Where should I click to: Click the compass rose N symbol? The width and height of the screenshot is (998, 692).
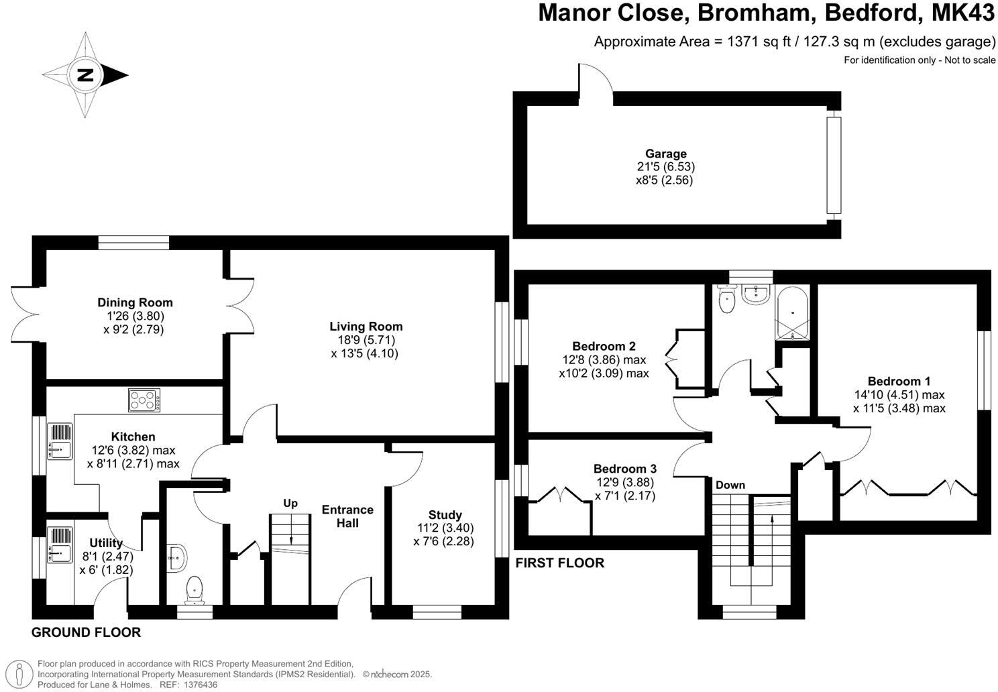point(85,75)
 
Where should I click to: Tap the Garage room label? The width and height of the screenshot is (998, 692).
point(665,154)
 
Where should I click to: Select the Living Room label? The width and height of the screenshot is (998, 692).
point(366,327)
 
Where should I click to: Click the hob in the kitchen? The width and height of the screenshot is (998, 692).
point(144,401)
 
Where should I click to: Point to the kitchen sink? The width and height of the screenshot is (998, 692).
point(60,441)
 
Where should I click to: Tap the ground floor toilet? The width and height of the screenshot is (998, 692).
point(195,589)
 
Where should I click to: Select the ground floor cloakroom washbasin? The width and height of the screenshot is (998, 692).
point(178,557)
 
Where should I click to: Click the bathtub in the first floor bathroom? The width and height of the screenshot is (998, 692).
point(792,312)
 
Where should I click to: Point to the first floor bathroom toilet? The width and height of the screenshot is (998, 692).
point(726,300)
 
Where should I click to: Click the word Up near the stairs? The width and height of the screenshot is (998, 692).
point(290,503)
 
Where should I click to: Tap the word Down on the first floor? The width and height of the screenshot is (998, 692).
point(730,485)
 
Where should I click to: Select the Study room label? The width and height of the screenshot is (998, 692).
point(445,515)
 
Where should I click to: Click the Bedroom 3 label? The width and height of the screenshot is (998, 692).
point(624,469)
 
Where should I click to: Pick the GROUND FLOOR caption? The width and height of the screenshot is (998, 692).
point(87,632)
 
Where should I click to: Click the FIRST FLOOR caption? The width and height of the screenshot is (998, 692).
point(559,563)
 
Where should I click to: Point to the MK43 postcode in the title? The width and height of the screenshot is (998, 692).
point(964,13)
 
